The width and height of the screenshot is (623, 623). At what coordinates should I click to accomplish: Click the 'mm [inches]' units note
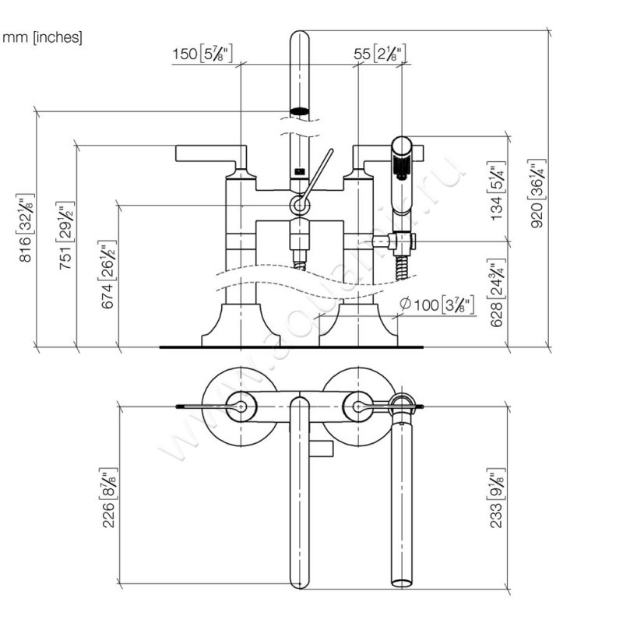[43, 37]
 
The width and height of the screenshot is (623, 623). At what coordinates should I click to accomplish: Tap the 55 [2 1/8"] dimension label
[379, 54]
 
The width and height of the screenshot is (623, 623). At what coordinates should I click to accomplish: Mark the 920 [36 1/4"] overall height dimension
[538, 195]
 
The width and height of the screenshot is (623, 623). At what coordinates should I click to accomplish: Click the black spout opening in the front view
[299, 111]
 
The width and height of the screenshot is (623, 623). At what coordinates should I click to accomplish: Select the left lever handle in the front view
[206, 152]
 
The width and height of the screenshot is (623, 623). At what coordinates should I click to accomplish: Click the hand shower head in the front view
[402, 156]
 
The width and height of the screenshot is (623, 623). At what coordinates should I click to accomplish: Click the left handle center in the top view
[241, 407]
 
